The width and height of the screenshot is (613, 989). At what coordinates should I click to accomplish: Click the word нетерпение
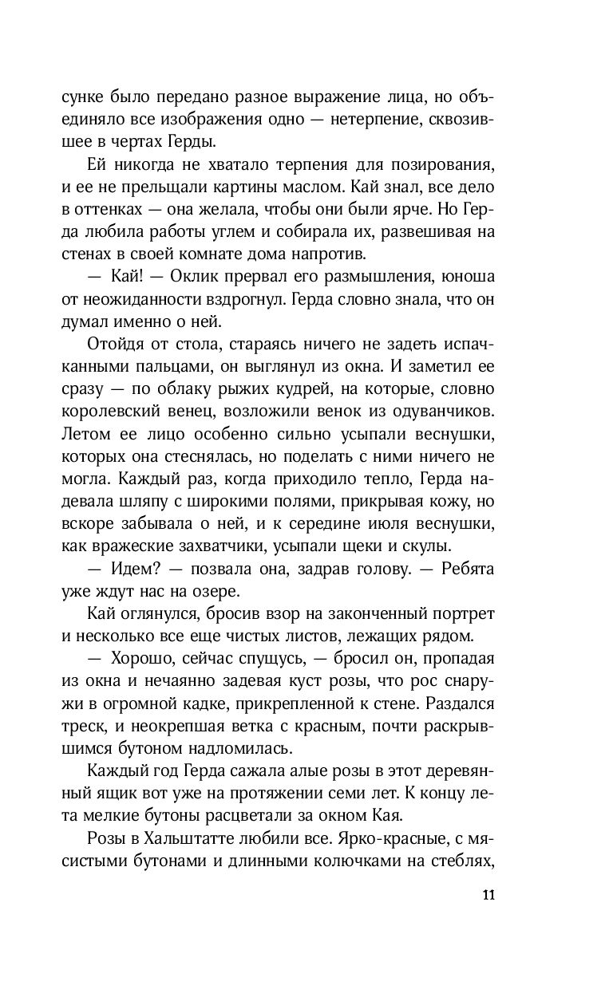pyautogui.click(x=401, y=120)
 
